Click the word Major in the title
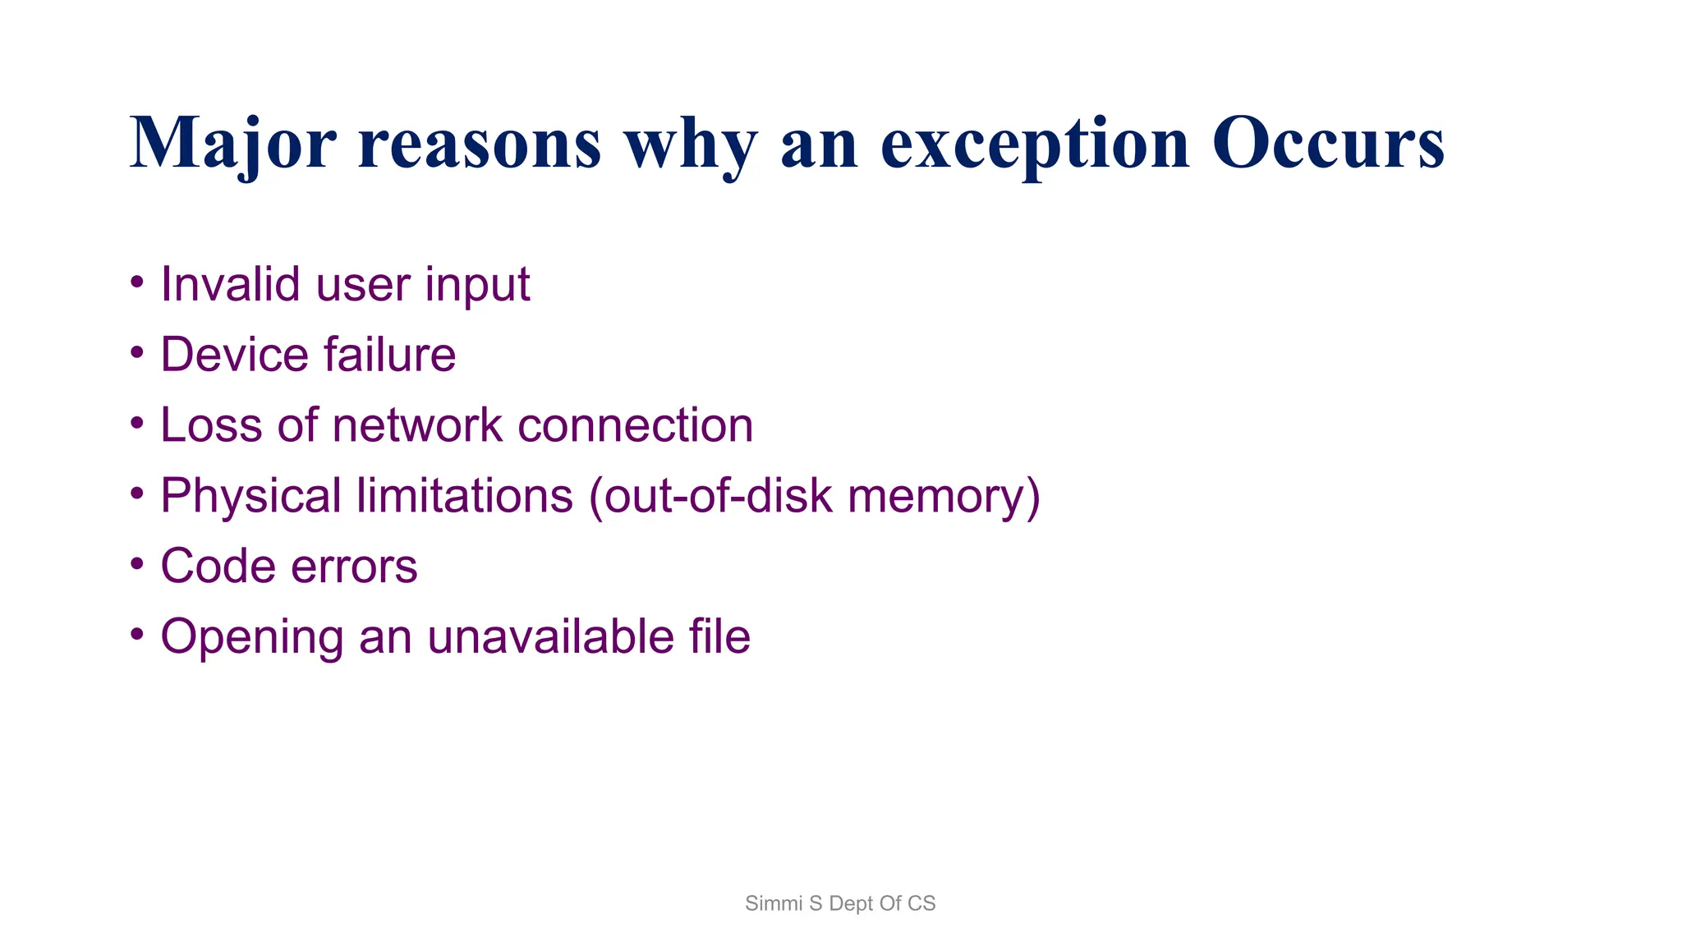click(x=232, y=144)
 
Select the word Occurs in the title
click(x=1328, y=144)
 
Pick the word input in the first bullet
click(x=477, y=286)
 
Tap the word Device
click(x=234, y=355)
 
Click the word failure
click(x=389, y=355)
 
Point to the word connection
click(x=635, y=425)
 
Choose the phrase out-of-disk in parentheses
click(x=710, y=496)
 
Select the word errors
click(x=354, y=567)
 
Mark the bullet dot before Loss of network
click(x=137, y=424)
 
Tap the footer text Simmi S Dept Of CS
click(x=840, y=903)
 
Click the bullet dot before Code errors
click(x=137, y=565)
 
